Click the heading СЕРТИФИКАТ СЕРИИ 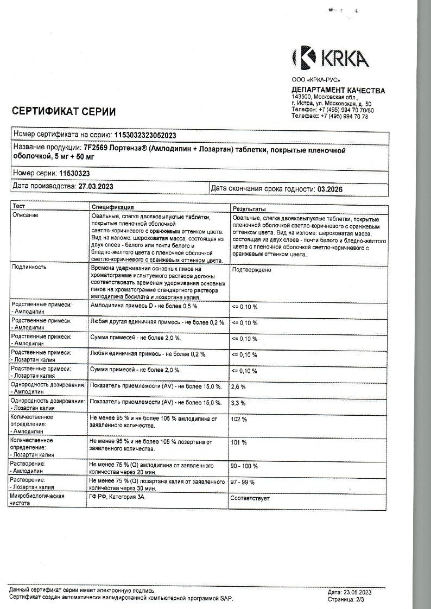64,112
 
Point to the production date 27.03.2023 96,186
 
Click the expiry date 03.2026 330,189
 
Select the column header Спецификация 113,207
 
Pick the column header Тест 19,207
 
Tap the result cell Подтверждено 251,270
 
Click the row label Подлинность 29,267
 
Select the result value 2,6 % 239,387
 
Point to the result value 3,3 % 239,403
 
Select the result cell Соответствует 250,497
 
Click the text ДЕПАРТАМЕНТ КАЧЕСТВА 338,91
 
